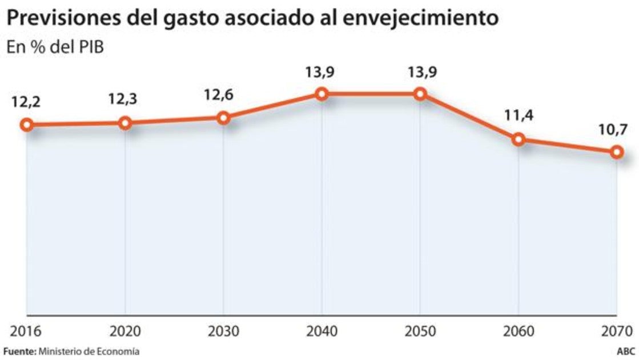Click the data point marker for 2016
pos(26,125)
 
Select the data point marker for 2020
pos(125,123)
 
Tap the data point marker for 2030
pos(223,118)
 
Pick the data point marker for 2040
pos(321,94)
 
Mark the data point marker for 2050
pos(420,94)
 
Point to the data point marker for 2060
pos(519,139)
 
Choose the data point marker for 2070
pos(616,152)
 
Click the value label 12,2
pos(26,102)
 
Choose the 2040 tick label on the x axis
pos(321,331)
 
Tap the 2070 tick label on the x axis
pos(617,331)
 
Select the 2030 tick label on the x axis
pos(223,331)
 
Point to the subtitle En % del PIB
pos(55,48)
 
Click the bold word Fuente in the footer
pos(19,351)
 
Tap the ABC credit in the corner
pos(625,351)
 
